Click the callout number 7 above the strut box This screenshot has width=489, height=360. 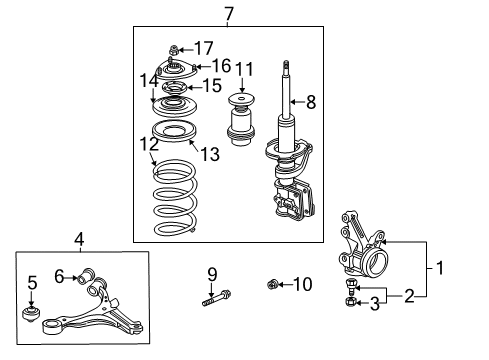tap(229, 13)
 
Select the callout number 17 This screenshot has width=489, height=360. tap(203, 47)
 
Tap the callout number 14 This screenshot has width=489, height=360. tap(148, 79)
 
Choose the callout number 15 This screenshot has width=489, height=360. tap(211, 87)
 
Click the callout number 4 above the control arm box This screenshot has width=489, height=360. tap(79, 239)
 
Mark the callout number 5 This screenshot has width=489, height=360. tap(32, 283)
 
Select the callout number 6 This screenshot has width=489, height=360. tap(59, 275)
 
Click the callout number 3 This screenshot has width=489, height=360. tap(376, 302)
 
